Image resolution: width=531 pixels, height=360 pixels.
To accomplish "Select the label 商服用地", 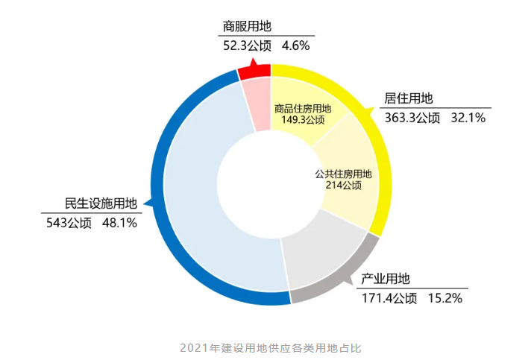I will click(x=247, y=27).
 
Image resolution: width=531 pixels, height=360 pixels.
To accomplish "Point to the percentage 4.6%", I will click(x=295, y=45).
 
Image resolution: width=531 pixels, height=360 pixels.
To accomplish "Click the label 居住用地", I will click(x=409, y=99).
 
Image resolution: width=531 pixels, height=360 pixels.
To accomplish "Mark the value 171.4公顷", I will click(x=389, y=298).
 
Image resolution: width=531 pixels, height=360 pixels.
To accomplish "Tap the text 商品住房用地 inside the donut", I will click(x=303, y=108).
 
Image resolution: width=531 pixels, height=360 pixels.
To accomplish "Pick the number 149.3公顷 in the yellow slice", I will click(x=303, y=119).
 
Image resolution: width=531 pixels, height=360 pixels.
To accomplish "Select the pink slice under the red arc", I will click(x=258, y=104).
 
